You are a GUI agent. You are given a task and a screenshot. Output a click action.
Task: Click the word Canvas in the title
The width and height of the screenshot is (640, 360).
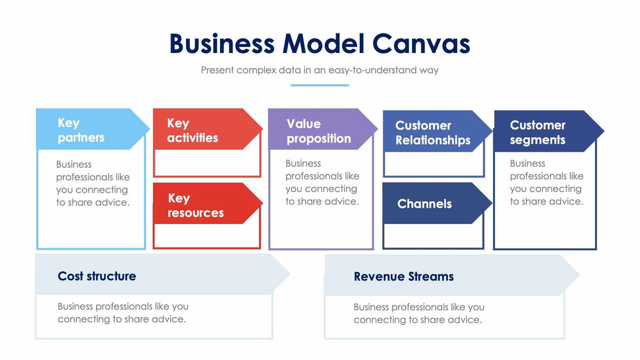[421, 44]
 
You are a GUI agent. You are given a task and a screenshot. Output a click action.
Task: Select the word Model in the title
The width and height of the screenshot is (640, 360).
[323, 44]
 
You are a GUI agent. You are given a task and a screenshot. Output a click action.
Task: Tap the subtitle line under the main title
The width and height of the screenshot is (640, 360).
[319, 70]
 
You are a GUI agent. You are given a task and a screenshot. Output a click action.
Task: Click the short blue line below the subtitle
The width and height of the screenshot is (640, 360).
[319, 85]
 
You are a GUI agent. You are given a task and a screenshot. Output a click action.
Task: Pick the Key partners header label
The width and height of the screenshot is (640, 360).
[81, 130]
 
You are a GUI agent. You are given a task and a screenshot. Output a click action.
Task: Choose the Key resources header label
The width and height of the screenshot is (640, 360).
[195, 205]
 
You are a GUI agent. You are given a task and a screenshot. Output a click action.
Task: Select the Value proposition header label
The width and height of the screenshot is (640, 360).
[318, 131]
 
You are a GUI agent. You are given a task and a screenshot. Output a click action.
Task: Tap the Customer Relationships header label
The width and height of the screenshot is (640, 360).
[432, 133]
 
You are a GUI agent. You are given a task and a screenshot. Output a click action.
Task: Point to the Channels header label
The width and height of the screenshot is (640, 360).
[424, 204]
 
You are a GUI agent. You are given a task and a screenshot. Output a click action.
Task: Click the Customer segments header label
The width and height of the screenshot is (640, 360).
[537, 132]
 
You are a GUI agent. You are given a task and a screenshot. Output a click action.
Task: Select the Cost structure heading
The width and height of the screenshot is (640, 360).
[97, 276]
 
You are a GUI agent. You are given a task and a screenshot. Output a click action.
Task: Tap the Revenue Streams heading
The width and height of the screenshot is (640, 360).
[404, 276]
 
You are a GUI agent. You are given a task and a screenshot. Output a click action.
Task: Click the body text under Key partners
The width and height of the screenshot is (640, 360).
[93, 184]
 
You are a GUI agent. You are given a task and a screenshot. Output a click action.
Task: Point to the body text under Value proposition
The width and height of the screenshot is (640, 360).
[322, 182]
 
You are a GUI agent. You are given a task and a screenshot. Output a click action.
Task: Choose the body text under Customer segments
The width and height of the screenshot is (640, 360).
[547, 182]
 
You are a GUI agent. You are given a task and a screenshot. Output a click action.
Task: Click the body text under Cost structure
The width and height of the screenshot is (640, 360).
[123, 312]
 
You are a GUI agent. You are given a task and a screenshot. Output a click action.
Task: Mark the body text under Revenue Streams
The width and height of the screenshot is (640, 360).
[419, 313]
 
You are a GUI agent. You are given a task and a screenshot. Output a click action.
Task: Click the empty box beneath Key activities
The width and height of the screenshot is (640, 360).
[207, 163]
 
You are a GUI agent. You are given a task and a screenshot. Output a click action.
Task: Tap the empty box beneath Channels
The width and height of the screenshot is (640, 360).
[433, 236]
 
